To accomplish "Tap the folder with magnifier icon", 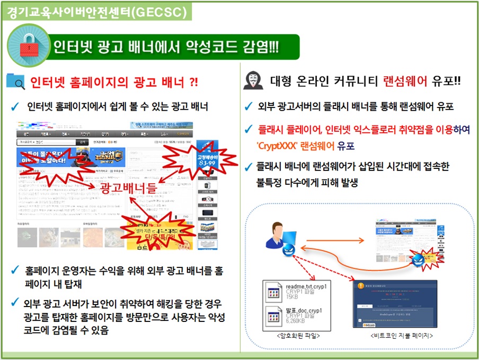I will (15, 82).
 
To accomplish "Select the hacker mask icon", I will (253, 81).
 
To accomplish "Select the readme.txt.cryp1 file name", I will (306, 286).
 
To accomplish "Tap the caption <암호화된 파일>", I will (298, 335).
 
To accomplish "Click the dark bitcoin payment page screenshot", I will (395, 303).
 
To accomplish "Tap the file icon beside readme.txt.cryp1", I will (273, 293).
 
